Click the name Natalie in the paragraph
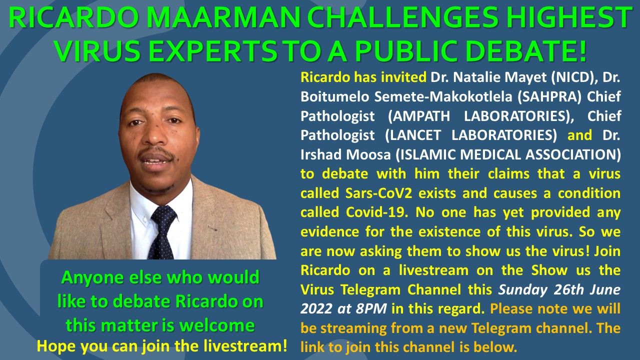point(477,77)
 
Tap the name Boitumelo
point(334,97)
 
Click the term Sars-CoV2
point(379,193)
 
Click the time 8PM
point(371,309)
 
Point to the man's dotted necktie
point(163,232)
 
